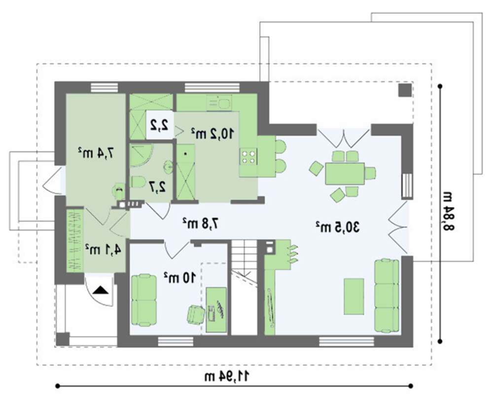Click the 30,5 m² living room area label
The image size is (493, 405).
pos(338,227)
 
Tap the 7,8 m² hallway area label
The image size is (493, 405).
pos(201,223)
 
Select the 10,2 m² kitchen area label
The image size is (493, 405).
pos(212,134)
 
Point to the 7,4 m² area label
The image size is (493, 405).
pos(96,153)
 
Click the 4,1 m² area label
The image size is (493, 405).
pos(103,250)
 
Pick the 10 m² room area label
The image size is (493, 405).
pos(179,277)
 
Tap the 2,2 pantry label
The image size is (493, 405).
pos(159,125)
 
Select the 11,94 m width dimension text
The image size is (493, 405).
pos(227,376)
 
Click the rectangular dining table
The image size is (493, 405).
pos(345,173)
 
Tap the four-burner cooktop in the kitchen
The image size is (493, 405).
pos(248,157)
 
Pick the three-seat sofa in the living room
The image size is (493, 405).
pos(387,296)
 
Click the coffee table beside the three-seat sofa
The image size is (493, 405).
pos(354,296)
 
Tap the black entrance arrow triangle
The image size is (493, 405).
pos(101,289)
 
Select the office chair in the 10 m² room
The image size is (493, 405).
pos(196,314)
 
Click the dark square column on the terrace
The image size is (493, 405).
pos(405,90)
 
